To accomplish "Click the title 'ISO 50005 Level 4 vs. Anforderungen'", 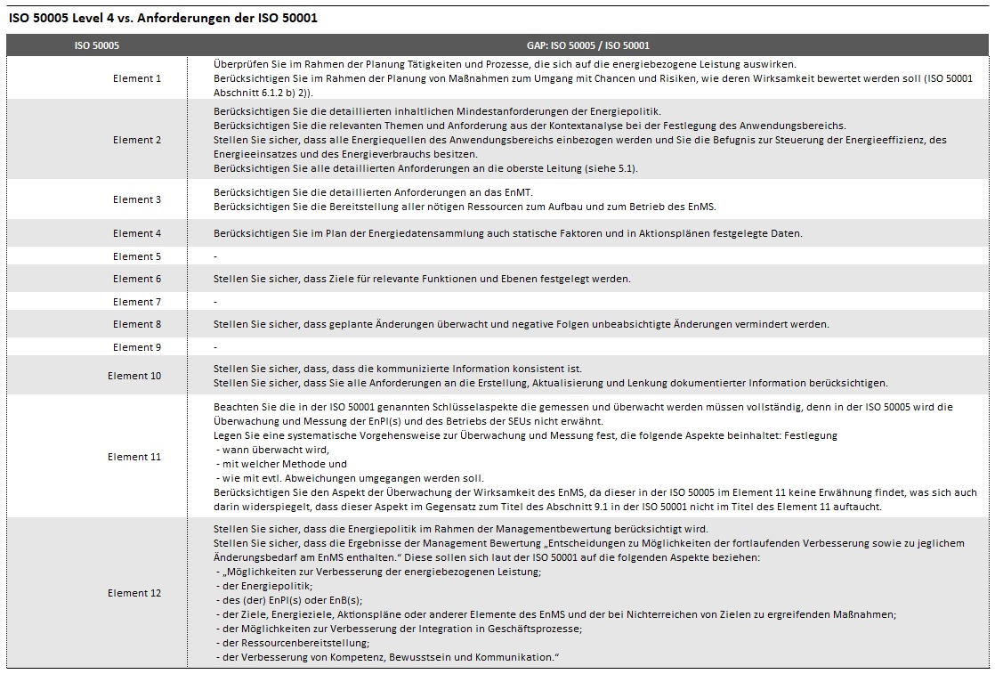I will [163, 17].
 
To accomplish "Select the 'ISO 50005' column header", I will [96, 45].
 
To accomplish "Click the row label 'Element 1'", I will [137, 78].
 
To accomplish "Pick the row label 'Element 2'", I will [137, 140].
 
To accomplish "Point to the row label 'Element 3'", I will [137, 199].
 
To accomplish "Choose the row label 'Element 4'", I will [137, 233].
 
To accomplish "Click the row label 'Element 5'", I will [137, 256].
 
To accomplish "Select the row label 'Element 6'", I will [137, 279].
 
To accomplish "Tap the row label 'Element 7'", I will [137, 302].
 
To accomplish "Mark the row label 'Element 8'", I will [137, 324].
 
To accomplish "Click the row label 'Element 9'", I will [137, 347].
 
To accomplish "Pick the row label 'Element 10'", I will [134, 376].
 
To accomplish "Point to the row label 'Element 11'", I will [134, 457].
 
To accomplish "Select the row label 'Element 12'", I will [134, 593].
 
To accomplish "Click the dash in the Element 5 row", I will [215, 256].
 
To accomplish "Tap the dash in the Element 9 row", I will [215, 347].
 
